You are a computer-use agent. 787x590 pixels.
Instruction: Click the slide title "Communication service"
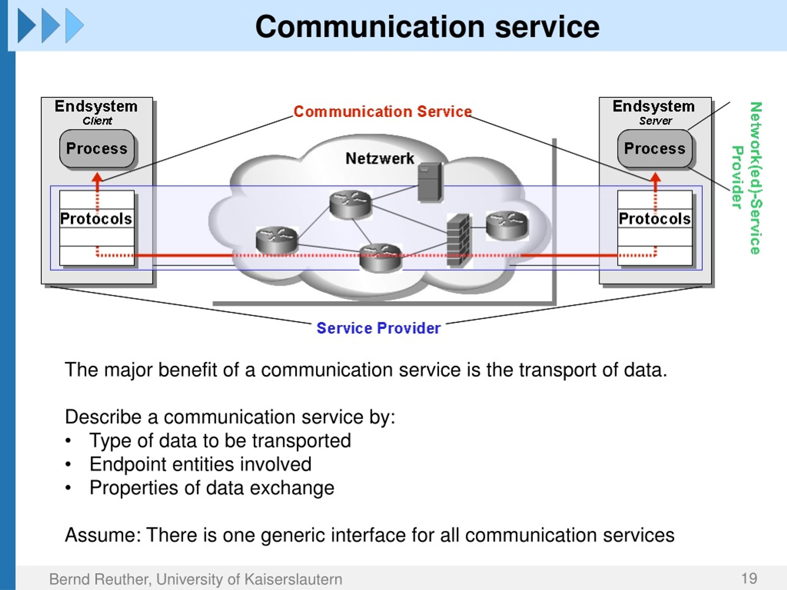(x=427, y=27)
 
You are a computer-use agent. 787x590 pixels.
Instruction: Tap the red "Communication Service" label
(x=383, y=111)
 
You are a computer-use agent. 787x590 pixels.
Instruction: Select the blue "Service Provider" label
(x=378, y=328)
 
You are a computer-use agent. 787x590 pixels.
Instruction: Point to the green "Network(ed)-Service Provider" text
(x=747, y=178)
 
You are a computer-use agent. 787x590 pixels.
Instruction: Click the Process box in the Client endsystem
(x=97, y=148)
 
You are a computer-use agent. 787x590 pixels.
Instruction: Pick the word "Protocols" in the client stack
(x=96, y=219)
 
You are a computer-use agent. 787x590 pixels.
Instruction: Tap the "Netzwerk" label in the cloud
(x=380, y=158)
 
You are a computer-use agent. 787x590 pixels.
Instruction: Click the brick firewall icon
(x=459, y=240)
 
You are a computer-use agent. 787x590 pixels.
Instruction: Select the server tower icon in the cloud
(x=430, y=182)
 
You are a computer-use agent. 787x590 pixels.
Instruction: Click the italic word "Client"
(x=97, y=121)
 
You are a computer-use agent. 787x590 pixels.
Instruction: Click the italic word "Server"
(x=655, y=121)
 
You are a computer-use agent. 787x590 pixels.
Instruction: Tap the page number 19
(x=749, y=579)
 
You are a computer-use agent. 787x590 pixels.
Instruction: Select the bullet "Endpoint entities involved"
(x=200, y=464)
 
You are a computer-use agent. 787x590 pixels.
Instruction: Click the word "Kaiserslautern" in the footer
(x=293, y=579)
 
